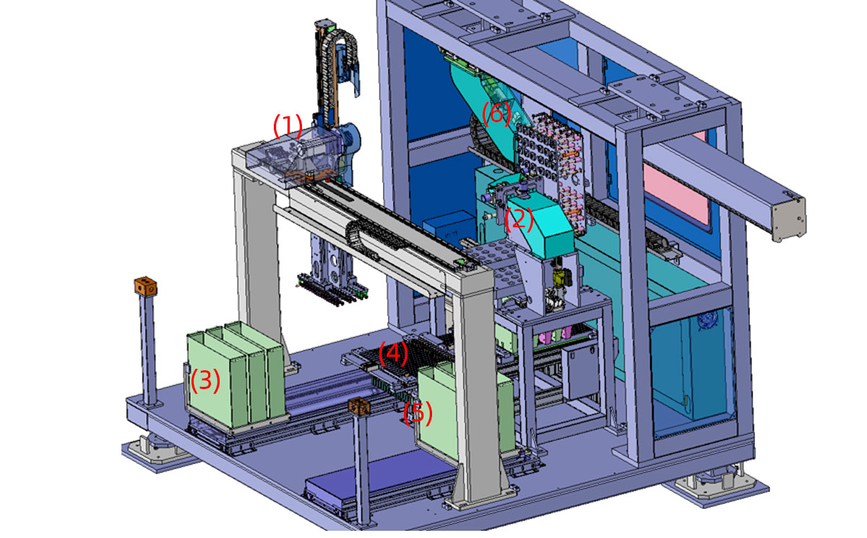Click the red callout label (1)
click(x=288, y=126)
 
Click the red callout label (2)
click(x=519, y=219)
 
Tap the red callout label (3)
click(x=205, y=380)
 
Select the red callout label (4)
click(x=393, y=353)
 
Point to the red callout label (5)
click(x=418, y=412)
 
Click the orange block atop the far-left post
click(x=145, y=286)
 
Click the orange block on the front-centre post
click(x=359, y=406)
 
